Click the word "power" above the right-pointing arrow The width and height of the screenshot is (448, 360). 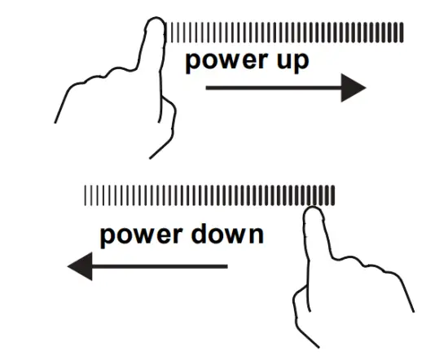point(227,62)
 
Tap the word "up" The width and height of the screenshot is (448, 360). point(293,62)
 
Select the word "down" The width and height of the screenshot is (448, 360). point(227,235)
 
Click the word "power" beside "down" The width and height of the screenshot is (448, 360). point(142,237)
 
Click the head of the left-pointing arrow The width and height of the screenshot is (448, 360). point(81,266)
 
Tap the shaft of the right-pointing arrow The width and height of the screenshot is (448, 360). point(274,88)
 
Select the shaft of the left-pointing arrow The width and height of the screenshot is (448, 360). point(160,266)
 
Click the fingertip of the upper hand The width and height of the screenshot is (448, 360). point(156,20)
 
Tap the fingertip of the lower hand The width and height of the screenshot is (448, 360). point(313,209)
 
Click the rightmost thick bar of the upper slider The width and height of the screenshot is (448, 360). point(402,33)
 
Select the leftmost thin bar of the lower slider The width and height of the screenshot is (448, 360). point(86,195)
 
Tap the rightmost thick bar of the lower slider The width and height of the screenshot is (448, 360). point(332,195)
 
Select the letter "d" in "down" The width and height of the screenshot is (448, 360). point(198,235)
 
